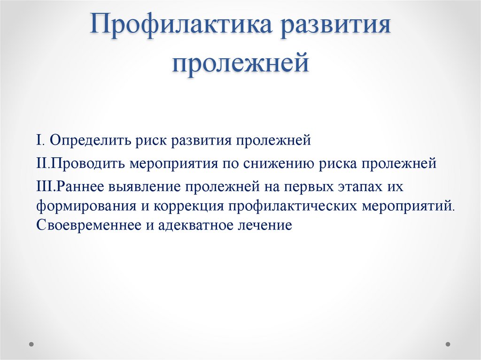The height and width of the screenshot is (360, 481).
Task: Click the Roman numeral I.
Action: coord(39,140)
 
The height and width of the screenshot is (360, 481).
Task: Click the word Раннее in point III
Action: coord(82,187)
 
